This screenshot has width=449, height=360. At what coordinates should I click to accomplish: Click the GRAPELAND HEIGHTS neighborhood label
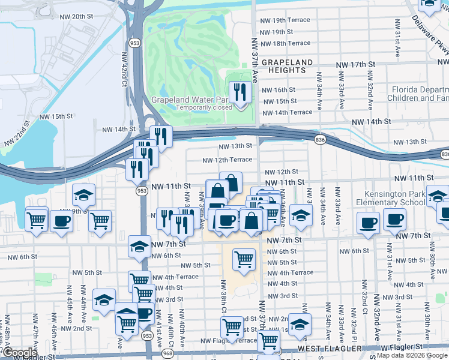[x=287, y=66]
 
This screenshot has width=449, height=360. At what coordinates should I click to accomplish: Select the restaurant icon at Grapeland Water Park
[x=240, y=92]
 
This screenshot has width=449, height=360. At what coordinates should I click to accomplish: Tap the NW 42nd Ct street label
[x=124, y=68]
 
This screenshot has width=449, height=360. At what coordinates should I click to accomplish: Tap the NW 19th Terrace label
[x=285, y=20]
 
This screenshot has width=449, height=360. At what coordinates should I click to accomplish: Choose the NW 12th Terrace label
[x=227, y=160]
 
